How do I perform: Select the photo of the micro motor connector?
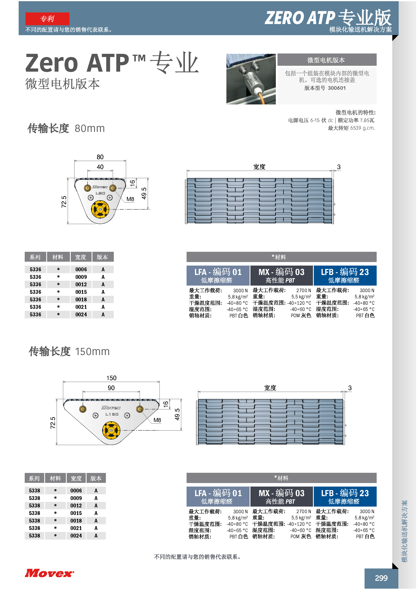pyautogui.click(x=251, y=79)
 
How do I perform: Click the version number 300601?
pyautogui.click(x=337, y=88)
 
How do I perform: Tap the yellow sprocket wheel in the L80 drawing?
pyautogui.click(x=100, y=209)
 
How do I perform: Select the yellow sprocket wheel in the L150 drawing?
pyautogui.click(x=111, y=430)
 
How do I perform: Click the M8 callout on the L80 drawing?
pyautogui.click(x=130, y=199)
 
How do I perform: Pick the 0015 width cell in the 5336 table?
pyautogui.click(x=81, y=292)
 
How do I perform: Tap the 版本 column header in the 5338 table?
pyautogui.click(x=96, y=478)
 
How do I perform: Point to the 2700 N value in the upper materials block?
pyautogui.click(x=304, y=290)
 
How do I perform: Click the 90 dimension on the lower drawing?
pyautogui.click(x=111, y=388)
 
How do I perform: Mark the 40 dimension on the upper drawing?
pyautogui.click(x=100, y=167)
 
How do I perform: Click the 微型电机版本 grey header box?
pyautogui.click(x=327, y=60)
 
